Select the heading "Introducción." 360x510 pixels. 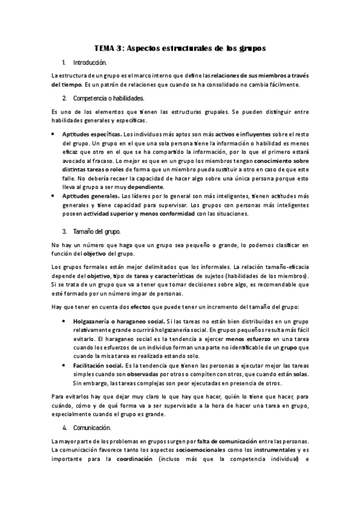click(90, 63)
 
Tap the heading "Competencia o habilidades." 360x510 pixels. click(108, 97)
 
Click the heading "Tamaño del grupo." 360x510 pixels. click(96, 232)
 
